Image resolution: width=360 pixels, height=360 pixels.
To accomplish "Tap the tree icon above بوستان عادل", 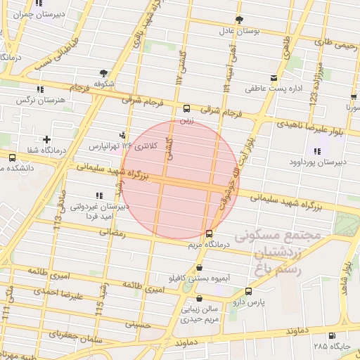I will pos(240,19).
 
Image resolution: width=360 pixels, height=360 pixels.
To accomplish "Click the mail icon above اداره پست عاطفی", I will pos(274,77).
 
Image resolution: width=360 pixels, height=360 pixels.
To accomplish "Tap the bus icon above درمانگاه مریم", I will pos(209,233).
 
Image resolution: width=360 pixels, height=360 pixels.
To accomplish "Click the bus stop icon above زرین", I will pos(186,109).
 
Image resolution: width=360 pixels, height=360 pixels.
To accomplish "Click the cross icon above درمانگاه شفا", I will pos(46,139).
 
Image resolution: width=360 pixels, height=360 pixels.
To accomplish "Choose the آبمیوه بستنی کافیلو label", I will pos(200,278).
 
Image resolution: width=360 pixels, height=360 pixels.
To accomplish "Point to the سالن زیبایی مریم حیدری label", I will pos(186,313).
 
